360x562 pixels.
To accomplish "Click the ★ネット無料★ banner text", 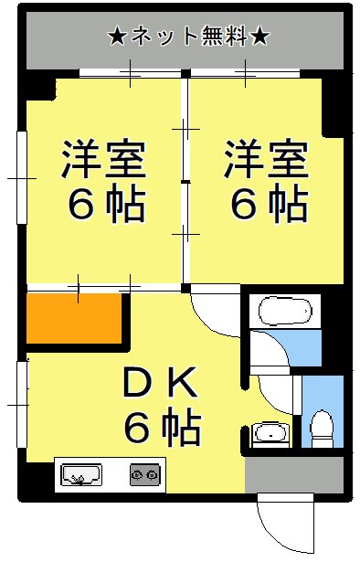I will [188, 37].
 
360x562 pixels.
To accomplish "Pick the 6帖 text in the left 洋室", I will [104, 206].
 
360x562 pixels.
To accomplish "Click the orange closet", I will [74, 321].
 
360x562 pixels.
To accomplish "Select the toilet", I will [321, 428].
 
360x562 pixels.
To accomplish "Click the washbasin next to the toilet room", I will [270, 432].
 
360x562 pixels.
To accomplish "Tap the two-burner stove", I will [143, 475].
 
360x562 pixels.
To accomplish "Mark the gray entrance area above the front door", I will [280, 472].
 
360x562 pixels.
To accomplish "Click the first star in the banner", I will [116, 37].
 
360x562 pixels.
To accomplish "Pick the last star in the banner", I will [259, 37].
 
